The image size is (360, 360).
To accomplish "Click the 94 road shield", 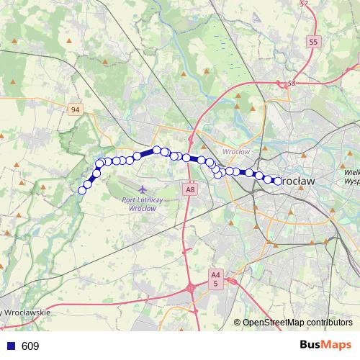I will pos(76,109).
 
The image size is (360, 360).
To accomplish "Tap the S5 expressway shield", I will pos(312,42).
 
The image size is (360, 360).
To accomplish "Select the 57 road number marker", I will pos(304,4).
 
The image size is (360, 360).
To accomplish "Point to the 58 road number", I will pos(292,84).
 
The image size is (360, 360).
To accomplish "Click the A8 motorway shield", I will pos(189,190).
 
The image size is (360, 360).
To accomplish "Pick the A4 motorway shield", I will pos(215,274).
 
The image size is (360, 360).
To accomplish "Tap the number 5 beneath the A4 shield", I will pos(215,284).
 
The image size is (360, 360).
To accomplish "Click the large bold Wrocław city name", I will pos(297,181).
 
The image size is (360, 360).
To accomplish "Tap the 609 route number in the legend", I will pos(30,346).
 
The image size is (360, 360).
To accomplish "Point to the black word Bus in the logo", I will pos(312,346).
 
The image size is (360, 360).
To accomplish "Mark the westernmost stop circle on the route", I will pos(82,190).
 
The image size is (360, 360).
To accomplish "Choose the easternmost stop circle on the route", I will pos(278,181).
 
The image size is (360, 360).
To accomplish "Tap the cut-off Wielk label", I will pos(351,173).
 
